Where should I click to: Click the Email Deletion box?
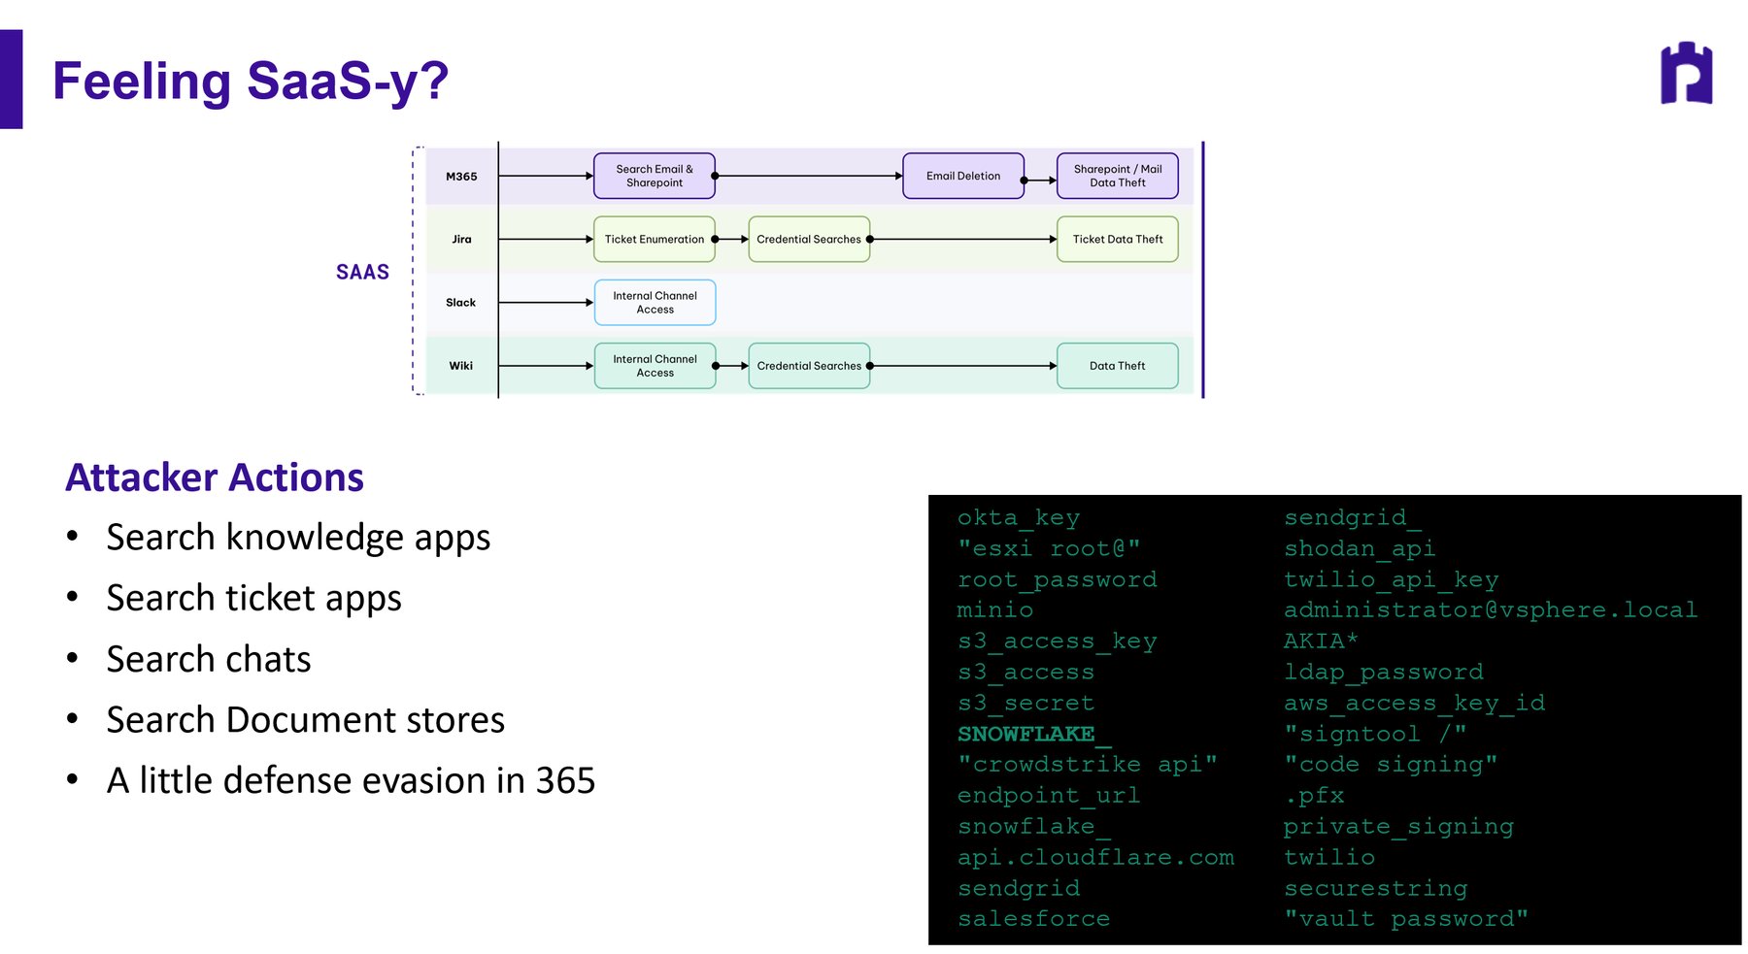(963, 176)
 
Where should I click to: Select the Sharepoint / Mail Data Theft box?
(1118, 176)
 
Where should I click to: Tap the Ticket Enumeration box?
(655, 239)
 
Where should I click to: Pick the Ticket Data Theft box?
(1118, 239)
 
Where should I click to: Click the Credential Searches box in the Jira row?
(809, 239)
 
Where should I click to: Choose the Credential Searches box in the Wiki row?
(809, 366)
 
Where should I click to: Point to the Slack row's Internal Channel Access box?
(655, 303)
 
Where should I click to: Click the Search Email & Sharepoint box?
(655, 176)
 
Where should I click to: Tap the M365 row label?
(461, 177)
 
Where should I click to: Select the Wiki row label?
(461, 366)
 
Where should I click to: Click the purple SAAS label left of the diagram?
(362, 272)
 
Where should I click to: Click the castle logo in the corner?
(1686, 73)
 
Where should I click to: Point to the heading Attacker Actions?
(215, 477)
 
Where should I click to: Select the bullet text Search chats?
(209, 659)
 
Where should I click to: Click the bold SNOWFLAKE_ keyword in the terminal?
(1034, 734)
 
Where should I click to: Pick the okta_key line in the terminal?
(1019, 518)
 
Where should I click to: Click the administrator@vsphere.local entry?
(1491, 610)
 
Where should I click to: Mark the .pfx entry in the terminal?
(1314, 796)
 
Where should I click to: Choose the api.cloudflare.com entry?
(1096, 858)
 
